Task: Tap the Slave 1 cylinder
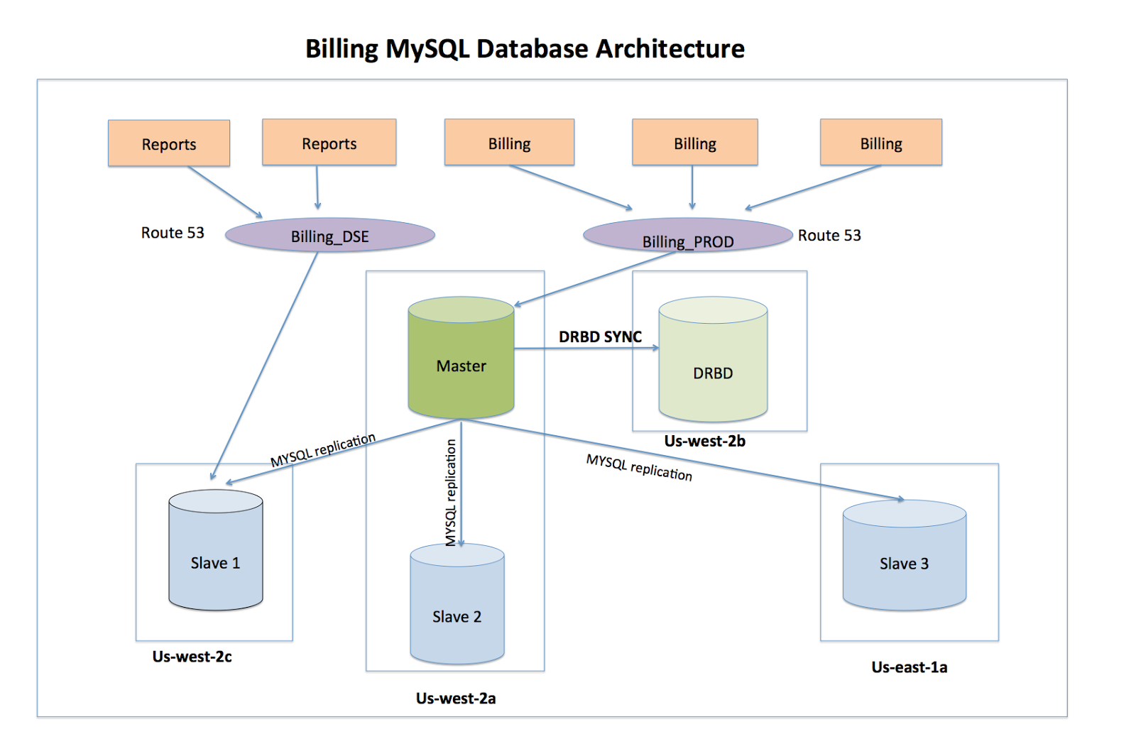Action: (216, 557)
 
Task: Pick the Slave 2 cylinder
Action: (457, 611)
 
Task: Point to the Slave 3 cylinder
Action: (904, 561)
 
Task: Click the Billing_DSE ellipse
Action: (330, 236)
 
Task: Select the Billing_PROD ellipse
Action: (687, 236)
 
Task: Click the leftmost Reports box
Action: (169, 143)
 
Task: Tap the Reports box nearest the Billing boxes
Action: (329, 143)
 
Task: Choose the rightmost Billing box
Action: (881, 143)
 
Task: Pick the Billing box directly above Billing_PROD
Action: (695, 143)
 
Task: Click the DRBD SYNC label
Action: (600, 336)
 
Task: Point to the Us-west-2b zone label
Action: (704, 441)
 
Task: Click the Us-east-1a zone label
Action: (909, 667)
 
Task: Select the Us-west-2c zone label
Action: (192, 657)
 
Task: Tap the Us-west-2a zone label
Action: (456, 699)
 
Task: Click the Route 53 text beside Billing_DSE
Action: (173, 233)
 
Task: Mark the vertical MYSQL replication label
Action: (450, 492)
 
